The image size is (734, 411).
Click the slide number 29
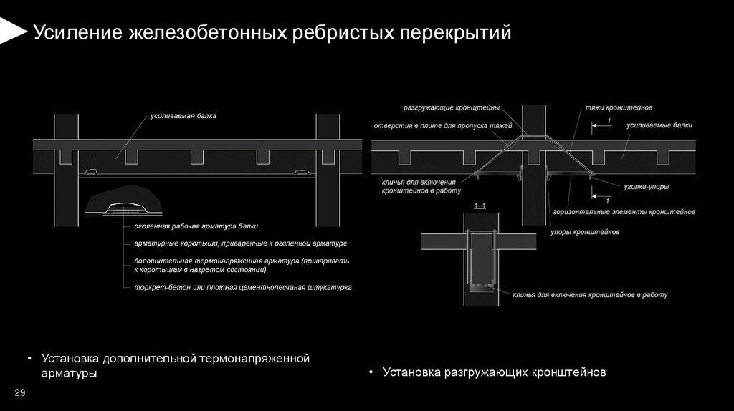[x=20, y=392]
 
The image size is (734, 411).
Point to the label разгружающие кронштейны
[x=451, y=108]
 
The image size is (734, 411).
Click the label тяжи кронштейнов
[x=619, y=108]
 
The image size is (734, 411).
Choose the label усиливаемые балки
[x=659, y=125]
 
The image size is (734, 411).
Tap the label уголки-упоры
[x=645, y=187]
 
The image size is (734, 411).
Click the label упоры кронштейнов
[x=585, y=232]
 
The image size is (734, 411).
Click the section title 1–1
[x=480, y=206]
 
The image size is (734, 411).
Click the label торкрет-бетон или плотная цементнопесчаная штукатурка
[x=242, y=287]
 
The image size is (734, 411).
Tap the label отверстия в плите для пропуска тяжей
[x=443, y=125]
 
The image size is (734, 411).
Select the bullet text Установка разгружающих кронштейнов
[x=495, y=372]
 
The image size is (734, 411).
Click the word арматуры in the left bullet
[x=69, y=374]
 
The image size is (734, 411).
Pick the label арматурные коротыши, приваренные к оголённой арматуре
[x=240, y=243]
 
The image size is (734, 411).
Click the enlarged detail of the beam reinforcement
[x=124, y=205]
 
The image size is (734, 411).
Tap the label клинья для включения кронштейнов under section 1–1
[x=590, y=294]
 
